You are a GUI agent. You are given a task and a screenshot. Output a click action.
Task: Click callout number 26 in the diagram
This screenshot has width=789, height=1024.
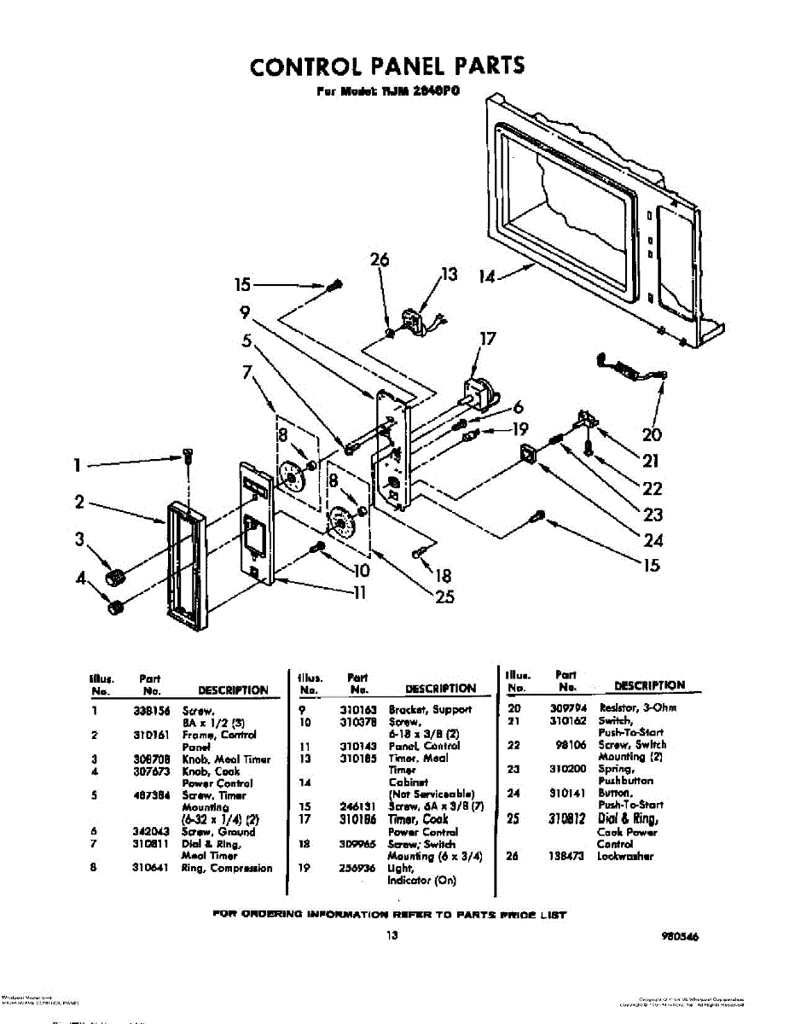tap(380, 260)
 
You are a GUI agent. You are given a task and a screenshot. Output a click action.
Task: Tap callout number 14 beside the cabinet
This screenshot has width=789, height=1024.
tap(487, 276)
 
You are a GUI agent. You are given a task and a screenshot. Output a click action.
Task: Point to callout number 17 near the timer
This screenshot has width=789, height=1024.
tap(487, 339)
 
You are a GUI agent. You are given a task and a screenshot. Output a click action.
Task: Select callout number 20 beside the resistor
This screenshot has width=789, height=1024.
tap(652, 434)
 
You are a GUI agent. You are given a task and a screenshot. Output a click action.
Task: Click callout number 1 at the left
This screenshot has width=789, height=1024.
tap(77, 465)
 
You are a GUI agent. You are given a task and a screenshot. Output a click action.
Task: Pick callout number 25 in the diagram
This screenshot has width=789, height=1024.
tap(444, 597)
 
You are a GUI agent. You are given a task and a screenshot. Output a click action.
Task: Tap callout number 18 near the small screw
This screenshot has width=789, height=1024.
tap(444, 575)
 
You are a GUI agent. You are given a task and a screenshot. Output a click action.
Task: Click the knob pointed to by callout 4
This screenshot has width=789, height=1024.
tap(114, 607)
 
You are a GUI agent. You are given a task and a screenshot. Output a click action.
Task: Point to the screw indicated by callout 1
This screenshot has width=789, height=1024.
tap(187, 457)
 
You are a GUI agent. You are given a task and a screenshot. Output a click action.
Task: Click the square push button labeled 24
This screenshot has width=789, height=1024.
tap(529, 455)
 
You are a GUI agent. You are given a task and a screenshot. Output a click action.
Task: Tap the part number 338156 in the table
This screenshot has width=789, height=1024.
tap(150, 710)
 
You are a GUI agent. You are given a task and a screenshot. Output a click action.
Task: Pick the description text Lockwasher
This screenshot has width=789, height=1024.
tap(625, 855)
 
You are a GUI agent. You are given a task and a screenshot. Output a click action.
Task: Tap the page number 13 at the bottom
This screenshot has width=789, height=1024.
tap(391, 935)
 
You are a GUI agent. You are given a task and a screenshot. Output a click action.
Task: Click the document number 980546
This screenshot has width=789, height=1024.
tap(679, 936)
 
